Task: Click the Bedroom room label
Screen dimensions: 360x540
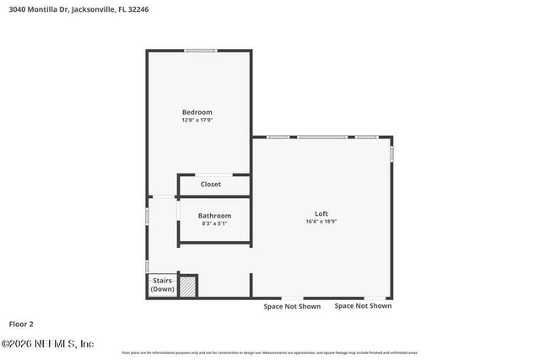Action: click(197, 112)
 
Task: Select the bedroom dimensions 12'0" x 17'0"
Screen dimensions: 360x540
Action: click(197, 121)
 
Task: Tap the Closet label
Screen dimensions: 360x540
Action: click(210, 184)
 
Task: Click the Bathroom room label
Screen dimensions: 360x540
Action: click(214, 216)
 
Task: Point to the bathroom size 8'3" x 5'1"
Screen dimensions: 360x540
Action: click(214, 224)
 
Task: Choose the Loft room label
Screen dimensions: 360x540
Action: click(321, 213)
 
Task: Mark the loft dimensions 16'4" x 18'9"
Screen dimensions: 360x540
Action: click(321, 222)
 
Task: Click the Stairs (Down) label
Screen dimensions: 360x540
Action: click(162, 285)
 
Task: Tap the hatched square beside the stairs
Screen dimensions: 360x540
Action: click(188, 287)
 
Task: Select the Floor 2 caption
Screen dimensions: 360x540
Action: click(21, 324)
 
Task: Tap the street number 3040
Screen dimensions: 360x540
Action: click(12, 8)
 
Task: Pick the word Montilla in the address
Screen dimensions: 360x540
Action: click(40, 8)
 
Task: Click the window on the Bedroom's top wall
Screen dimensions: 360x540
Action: click(201, 51)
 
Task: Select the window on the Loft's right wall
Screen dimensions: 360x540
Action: click(391, 154)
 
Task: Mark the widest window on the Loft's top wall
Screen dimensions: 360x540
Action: click(321, 137)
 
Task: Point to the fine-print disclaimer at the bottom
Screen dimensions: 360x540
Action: click(269, 352)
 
